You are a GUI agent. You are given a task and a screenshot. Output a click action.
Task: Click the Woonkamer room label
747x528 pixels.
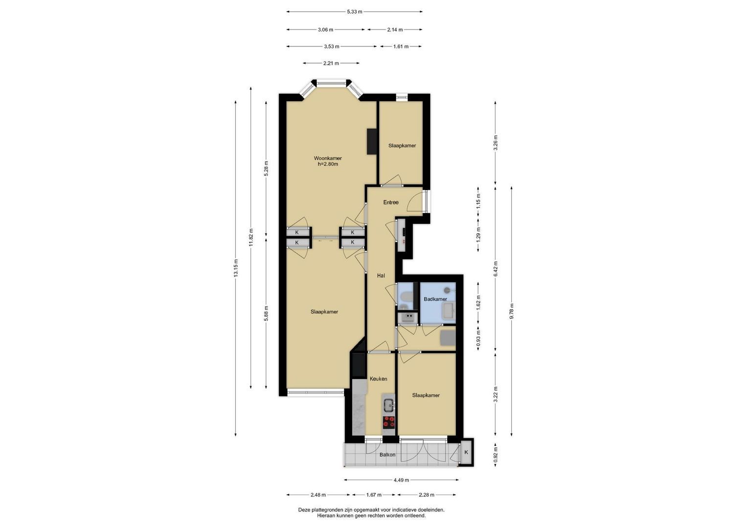tap(328, 158)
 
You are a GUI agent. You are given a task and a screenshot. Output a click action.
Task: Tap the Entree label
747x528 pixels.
tap(391, 202)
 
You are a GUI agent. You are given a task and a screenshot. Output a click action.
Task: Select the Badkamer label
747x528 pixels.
tap(435, 299)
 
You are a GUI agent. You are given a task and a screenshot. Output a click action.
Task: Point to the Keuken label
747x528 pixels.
tap(379, 379)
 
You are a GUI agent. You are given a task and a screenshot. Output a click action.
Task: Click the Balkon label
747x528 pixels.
tap(387, 455)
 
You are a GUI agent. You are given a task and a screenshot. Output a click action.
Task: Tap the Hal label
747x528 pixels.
tap(381, 276)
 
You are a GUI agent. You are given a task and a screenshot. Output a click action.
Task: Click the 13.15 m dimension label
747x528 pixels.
tap(236, 268)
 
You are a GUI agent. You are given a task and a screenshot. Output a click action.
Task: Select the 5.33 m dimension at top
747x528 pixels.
tap(355, 12)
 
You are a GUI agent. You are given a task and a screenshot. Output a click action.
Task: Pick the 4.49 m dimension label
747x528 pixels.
tap(401, 480)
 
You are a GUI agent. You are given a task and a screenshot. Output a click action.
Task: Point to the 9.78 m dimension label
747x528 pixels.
tap(512, 311)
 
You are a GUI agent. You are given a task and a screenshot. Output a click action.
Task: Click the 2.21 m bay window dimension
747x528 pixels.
tap(331, 63)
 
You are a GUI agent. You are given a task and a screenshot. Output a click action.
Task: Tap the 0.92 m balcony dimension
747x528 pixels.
tap(496, 455)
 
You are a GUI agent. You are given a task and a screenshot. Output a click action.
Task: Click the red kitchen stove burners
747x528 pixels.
tap(388, 422)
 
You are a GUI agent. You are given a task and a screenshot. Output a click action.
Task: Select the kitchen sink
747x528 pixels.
tap(388, 406)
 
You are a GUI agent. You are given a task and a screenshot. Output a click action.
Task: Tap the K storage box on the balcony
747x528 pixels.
tap(466, 452)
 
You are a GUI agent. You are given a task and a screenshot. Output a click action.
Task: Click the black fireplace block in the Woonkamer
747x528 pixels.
tap(372, 141)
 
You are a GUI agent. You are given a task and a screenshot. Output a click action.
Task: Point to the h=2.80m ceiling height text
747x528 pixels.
tap(328, 164)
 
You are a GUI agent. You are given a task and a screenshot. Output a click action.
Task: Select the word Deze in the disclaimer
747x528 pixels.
tap(304, 509)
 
